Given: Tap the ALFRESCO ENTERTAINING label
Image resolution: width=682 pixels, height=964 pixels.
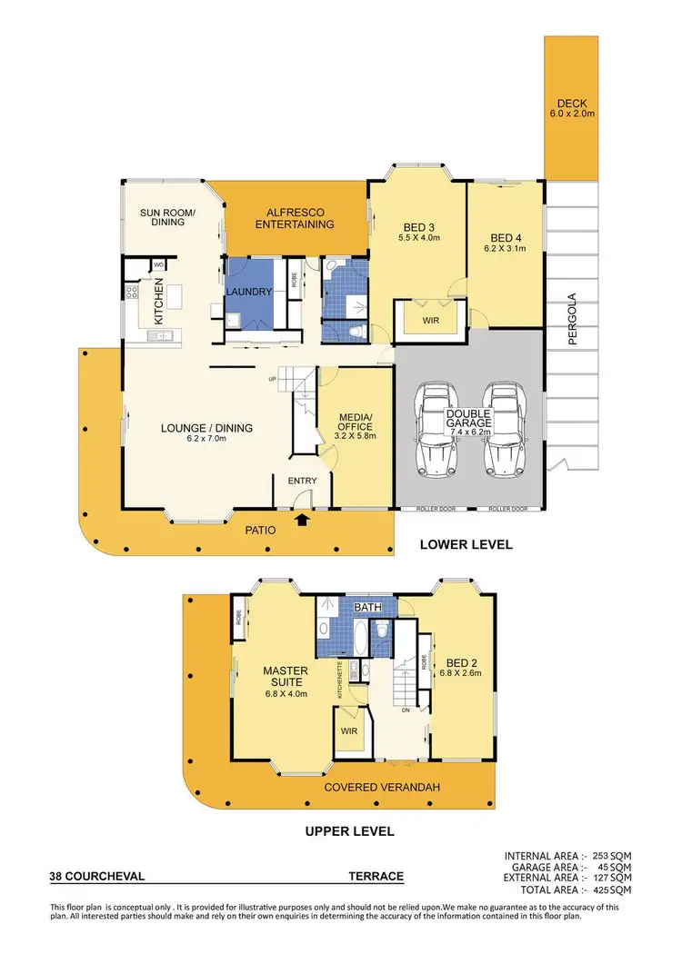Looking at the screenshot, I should tap(294, 217).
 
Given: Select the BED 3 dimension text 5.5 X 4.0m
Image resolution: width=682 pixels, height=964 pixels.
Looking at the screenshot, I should tap(418, 238).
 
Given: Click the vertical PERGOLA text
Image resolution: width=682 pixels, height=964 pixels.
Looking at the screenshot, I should tap(573, 320).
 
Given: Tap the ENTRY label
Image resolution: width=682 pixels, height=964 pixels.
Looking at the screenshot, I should tap(302, 480).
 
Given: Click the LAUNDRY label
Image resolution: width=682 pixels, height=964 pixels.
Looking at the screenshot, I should tap(250, 292).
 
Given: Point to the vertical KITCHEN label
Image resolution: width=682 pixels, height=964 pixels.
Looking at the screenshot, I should tap(158, 303).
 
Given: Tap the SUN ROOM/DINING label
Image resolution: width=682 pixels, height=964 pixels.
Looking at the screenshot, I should tap(162, 216).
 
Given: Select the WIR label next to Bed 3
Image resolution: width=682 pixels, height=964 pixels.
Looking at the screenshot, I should tap(431, 321).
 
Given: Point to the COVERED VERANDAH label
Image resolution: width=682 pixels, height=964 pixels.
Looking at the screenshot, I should tap(382, 787).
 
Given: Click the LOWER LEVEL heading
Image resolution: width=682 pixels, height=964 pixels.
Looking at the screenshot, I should tap(466, 545).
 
